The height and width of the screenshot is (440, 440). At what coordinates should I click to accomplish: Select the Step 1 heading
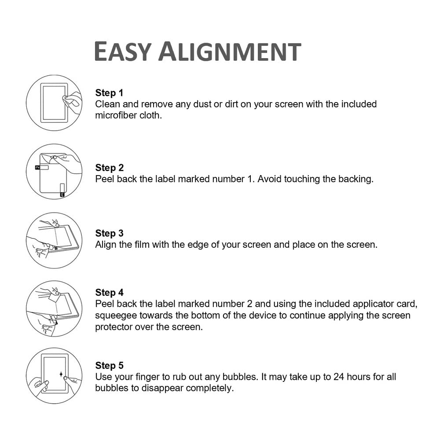(x=109, y=93)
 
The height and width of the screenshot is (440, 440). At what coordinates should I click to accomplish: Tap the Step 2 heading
(x=109, y=168)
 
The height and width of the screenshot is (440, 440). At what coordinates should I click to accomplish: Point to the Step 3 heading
(x=109, y=233)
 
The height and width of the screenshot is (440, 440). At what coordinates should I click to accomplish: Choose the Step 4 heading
(x=109, y=293)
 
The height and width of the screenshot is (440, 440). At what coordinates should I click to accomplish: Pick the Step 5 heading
(x=109, y=366)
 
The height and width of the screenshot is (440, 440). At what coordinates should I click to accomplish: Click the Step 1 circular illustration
(x=54, y=103)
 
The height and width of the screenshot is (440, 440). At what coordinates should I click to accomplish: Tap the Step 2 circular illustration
(x=54, y=172)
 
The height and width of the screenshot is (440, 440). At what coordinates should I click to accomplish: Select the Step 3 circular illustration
(x=54, y=240)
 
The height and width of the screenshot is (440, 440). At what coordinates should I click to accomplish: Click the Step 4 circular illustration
(x=54, y=308)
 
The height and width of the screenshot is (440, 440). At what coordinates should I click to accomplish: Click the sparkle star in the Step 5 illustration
(x=61, y=375)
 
